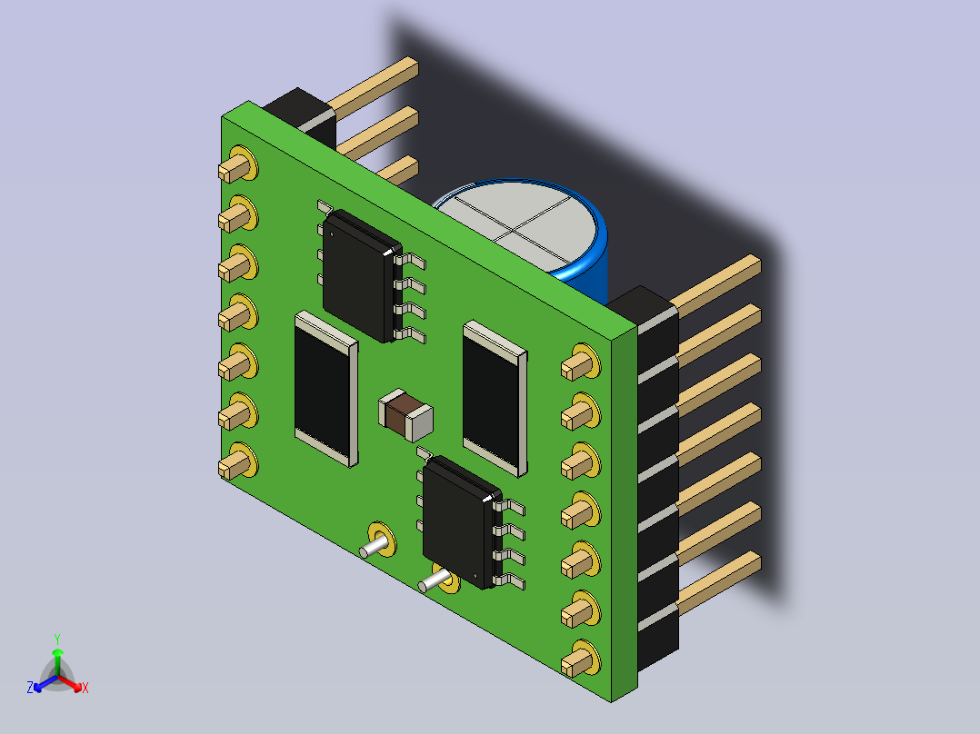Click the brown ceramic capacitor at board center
tap(405, 415)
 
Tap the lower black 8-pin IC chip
tap(463, 521)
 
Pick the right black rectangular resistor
tap(495, 399)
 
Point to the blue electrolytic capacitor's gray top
tap(520, 226)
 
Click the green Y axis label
tap(57, 639)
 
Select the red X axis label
tap(85, 688)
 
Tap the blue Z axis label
tap(30, 688)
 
